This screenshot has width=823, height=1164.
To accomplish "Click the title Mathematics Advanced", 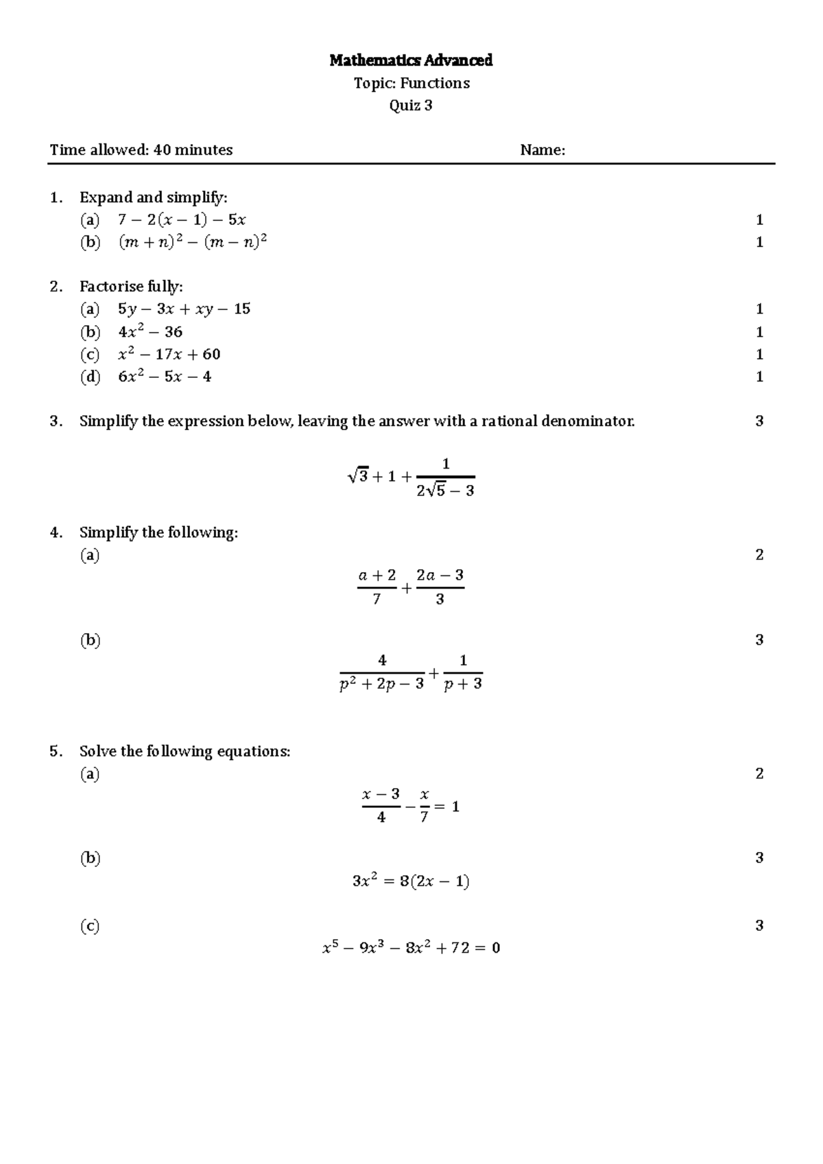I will [x=411, y=60].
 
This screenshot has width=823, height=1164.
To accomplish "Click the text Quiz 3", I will [x=411, y=106].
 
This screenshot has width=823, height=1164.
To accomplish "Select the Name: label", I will [x=542, y=150].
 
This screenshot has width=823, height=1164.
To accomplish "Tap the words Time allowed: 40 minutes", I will [x=141, y=150].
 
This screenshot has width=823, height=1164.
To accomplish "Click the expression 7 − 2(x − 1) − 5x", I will [x=182, y=220].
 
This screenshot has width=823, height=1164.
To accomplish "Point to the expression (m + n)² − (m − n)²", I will [x=193, y=242].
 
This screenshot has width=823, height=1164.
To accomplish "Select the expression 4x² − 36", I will [x=150, y=332].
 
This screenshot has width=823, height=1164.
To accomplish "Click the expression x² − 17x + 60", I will [x=169, y=355].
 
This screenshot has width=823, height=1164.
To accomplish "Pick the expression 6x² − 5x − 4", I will [x=165, y=377].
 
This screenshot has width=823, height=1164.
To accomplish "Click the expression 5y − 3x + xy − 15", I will [x=184, y=309].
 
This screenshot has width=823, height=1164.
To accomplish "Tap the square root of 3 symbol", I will [x=359, y=476].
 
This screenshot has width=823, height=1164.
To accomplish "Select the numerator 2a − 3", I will [x=440, y=575].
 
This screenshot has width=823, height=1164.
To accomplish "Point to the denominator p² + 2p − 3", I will [x=382, y=685].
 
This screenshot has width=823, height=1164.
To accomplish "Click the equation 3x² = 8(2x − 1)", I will [x=411, y=881].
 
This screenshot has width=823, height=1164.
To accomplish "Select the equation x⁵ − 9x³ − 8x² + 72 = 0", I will [x=411, y=949].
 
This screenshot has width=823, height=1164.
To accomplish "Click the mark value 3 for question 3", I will [x=759, y=421].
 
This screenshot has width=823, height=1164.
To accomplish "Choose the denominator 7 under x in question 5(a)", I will [x=424, y=818].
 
